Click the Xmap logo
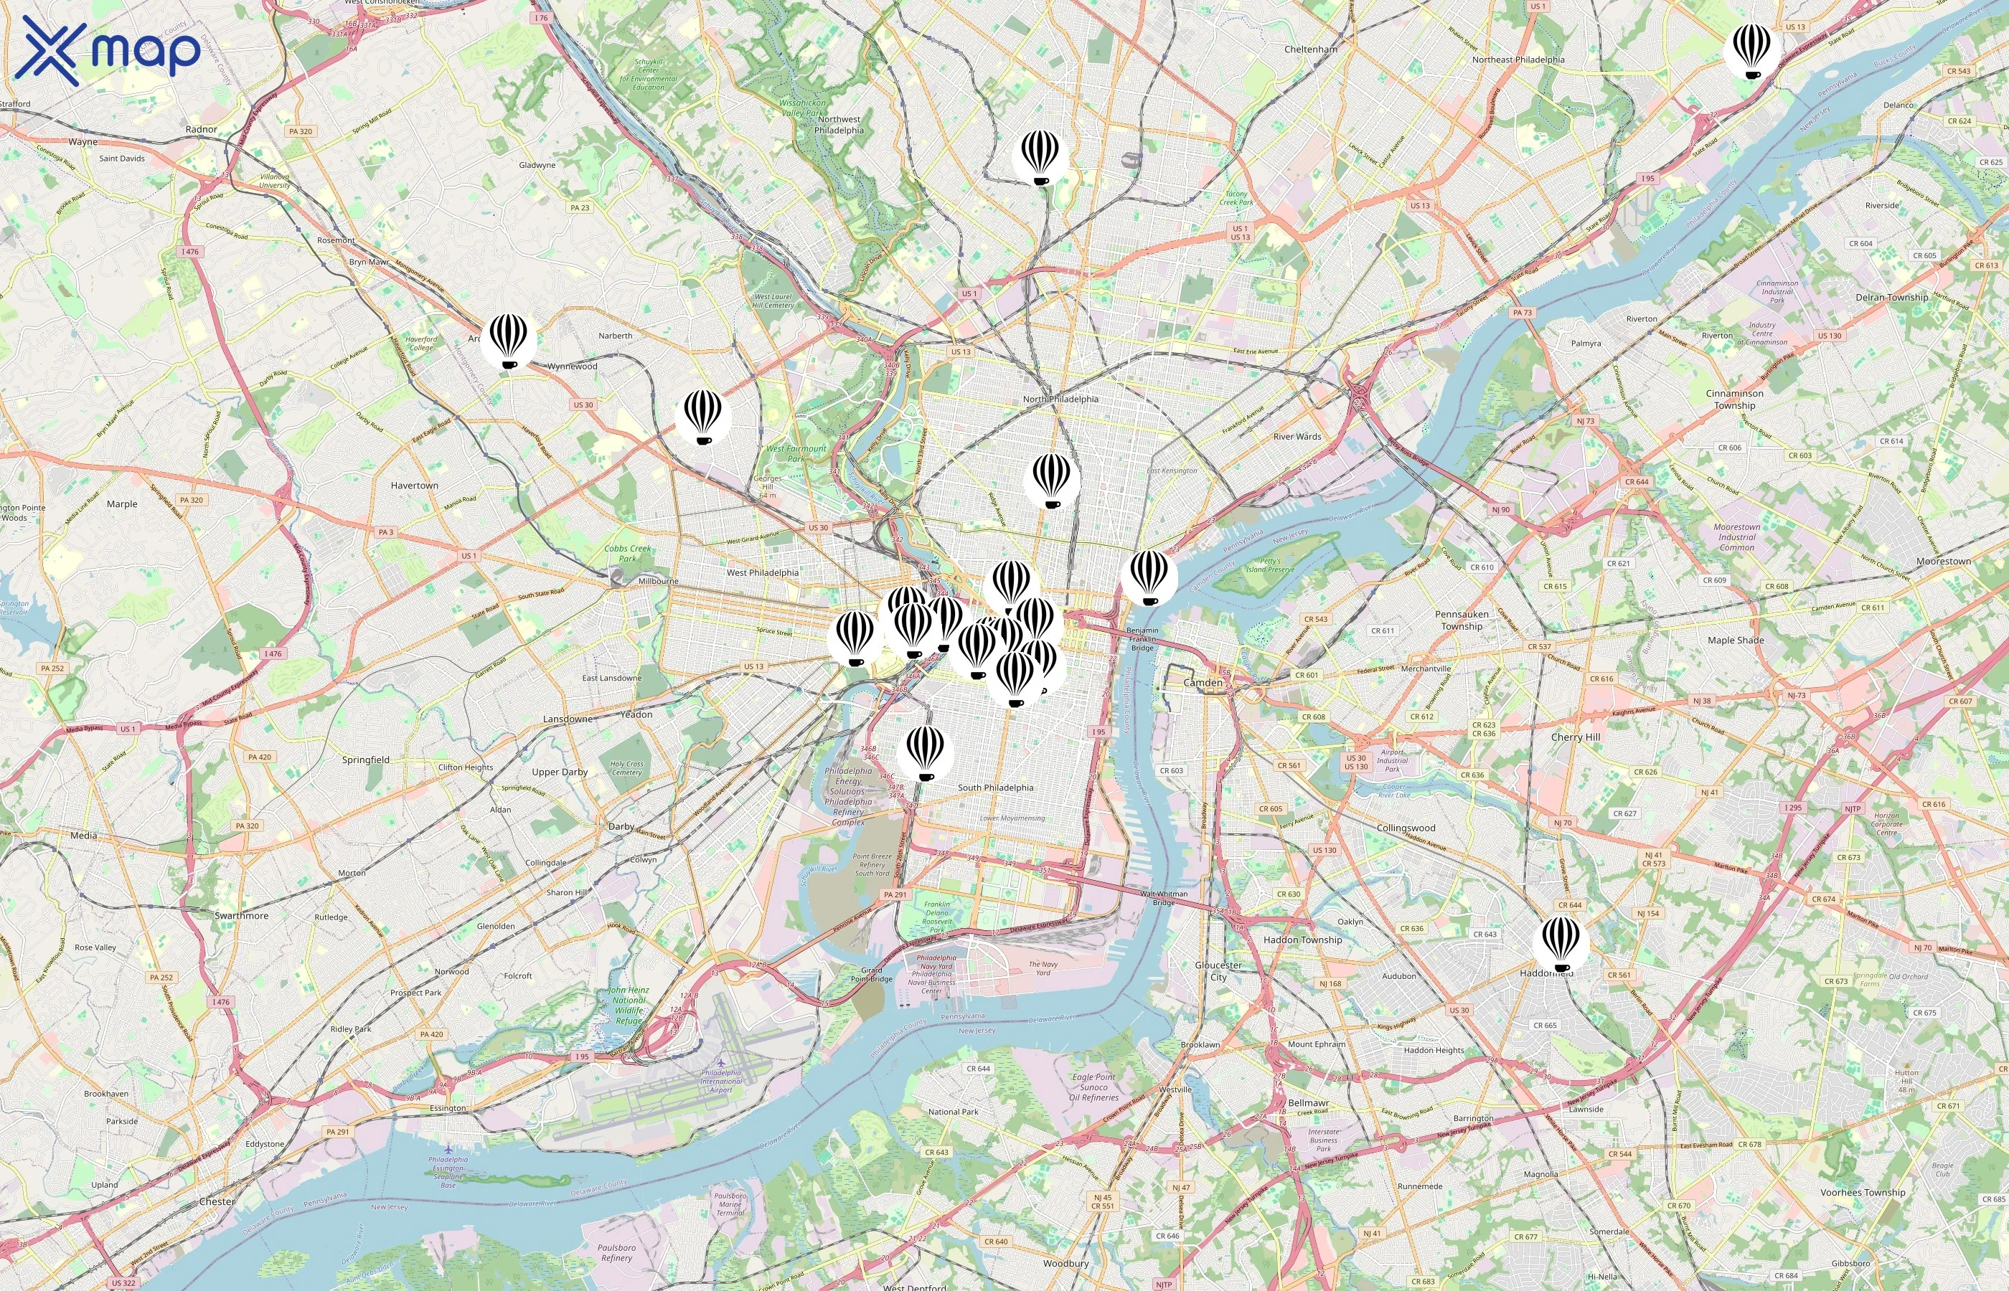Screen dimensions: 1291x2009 (110, 49)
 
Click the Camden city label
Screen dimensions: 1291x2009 (1203, 682)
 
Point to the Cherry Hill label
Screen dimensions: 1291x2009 (1575, 737)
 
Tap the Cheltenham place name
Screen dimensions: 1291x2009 (1311, 49)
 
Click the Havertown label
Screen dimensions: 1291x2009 (414, 486)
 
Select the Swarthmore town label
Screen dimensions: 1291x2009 (242, 915)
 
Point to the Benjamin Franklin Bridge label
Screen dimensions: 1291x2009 (1142, 639)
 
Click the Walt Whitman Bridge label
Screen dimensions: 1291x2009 (1164, 898)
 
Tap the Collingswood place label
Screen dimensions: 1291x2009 (1406, 828)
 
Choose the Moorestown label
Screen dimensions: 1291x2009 (1943, 561)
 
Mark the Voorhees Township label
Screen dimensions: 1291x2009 (1862, 1192)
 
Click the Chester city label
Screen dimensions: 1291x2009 (217, 1201)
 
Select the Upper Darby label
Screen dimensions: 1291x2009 (559, 772)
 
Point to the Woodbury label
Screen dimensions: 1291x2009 (1065, 1263)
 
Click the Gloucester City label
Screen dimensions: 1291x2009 (1218, 971)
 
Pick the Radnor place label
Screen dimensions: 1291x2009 (201, 129)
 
